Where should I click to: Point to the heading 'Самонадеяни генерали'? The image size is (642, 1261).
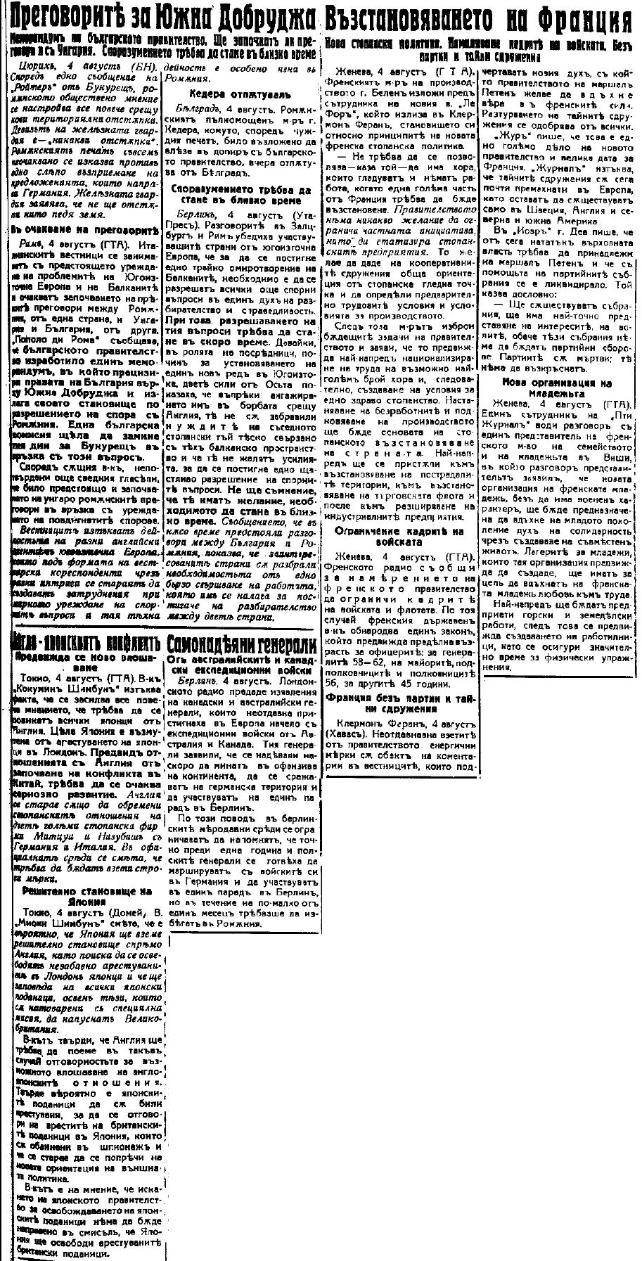pyautogui.click(x=241, y=642)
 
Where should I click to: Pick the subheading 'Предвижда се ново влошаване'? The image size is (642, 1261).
pyautogui.click(x=86, y=660)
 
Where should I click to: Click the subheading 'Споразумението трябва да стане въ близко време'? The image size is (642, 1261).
pyautogui.click(x=242, y=194)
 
